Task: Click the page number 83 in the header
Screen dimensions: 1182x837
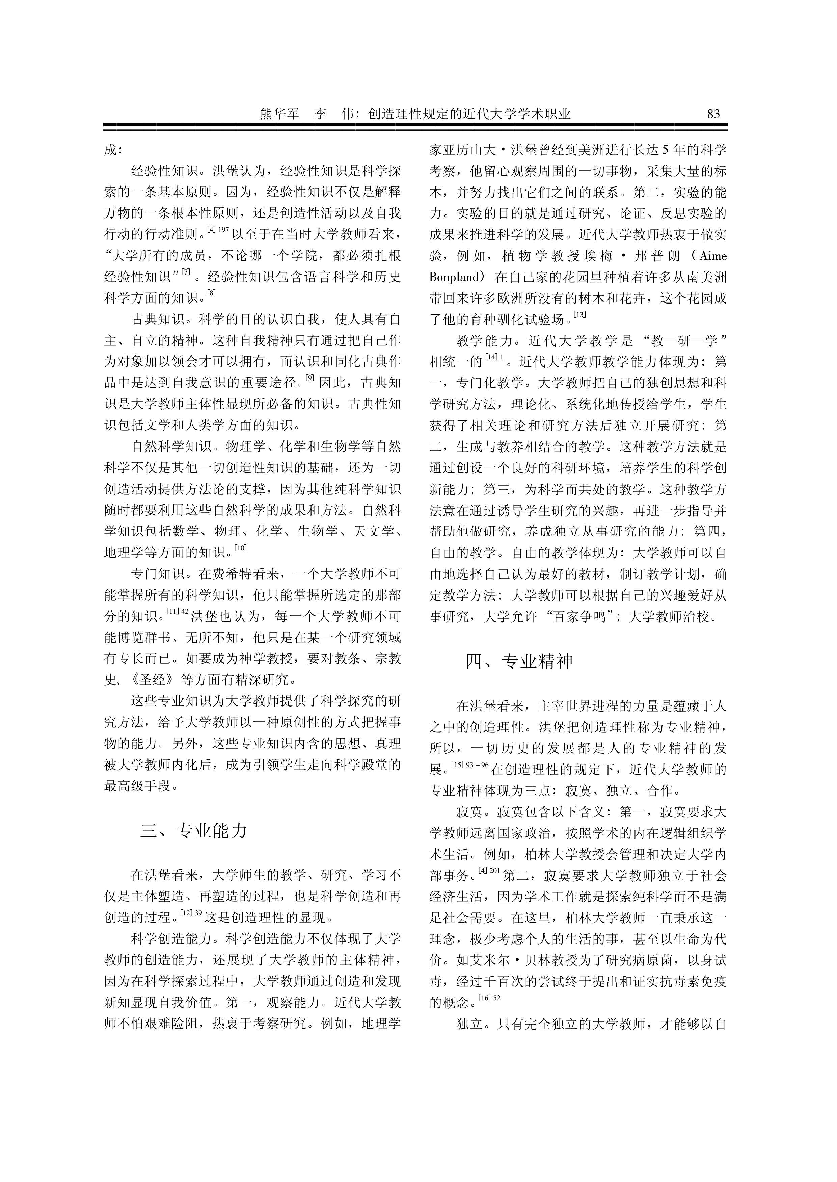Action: tap(713, 114)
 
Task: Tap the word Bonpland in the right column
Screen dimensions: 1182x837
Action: tap(454, 277)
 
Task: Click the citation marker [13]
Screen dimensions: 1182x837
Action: tap(580, 315)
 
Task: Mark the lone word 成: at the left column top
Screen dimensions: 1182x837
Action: tap(113, 150)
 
